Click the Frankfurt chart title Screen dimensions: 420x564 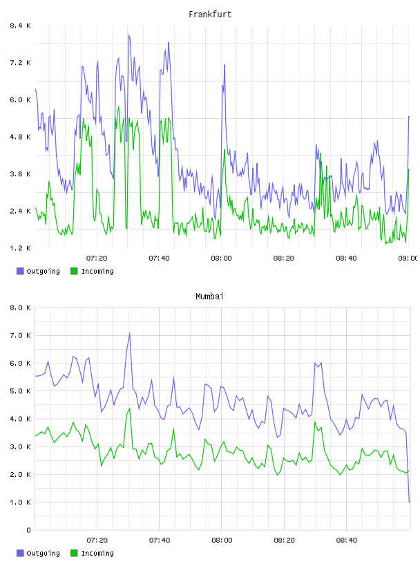[x=210, y=15]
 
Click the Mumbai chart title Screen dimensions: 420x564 [x=209, y=297]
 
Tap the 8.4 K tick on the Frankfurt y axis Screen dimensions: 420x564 [x=21, y=26]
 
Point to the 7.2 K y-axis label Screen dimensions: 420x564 [x=21, y=63]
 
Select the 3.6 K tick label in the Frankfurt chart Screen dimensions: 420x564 [x=21, y=173]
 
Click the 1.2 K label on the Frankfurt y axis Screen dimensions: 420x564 [x=21, y=248]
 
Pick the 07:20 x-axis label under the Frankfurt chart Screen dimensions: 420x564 [x=97, y=258]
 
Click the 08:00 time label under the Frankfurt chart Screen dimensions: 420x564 [x=222, y=258]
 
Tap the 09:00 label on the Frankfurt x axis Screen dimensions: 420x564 [x=408, y=258]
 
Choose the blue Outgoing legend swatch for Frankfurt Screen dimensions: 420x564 [x=20, y=271]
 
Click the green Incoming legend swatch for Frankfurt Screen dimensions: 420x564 [x=74, y=271]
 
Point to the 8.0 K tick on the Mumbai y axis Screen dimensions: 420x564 [x=21, y=308]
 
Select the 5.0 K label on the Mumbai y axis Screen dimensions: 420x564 [x=21, y=391]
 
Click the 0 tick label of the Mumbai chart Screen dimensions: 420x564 [x=28, y=530]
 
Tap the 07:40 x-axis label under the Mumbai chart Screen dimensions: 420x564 [x=160, y=540]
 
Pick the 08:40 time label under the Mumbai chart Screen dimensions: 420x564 [x=347, y=540]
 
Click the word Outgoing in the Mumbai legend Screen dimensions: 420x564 [x=43, y=553]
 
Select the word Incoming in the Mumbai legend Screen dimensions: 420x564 [x=97, y=553]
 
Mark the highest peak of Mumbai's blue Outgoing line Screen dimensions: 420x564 [x=129, y=333]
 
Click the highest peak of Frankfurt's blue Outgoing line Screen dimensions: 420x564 [x=128, y=35]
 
